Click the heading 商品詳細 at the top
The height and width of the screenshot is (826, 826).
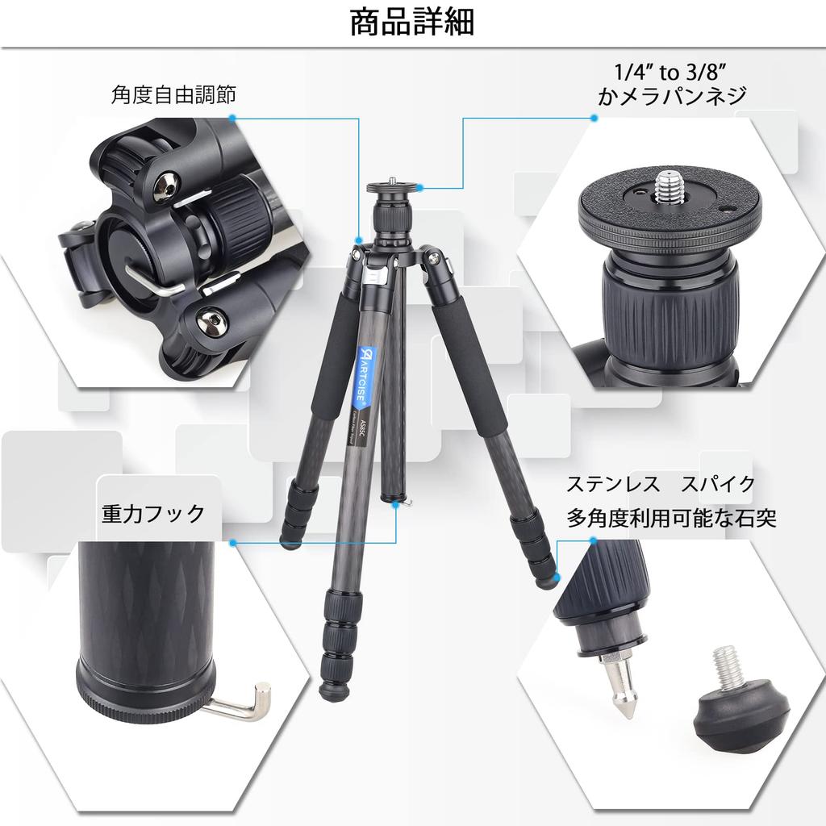coord(412,23)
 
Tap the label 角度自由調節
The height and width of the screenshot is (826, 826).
coord(173,95)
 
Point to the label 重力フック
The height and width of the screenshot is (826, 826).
coord(153,513)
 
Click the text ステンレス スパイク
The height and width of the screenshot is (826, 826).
coord(661,484)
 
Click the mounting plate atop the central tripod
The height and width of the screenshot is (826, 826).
coord(393,190)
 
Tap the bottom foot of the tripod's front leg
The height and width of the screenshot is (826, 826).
coord(332,690)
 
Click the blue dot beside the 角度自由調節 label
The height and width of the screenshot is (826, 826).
coord(232,117)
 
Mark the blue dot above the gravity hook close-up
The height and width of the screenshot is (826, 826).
coord(232,543)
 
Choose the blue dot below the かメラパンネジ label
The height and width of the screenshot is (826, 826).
coord(594,118)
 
